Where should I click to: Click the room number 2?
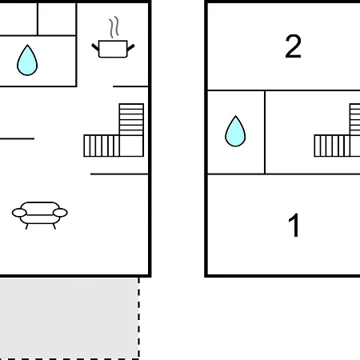coord(293,46)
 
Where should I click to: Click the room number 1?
coord(294,225)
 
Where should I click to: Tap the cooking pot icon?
coord(113,49)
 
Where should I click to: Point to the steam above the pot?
coord(114,27)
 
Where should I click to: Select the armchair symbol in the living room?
coord(40,215)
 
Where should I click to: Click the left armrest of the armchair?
coord(19,213)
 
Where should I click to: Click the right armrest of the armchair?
coord(60,213)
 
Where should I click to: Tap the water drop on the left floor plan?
coord(27,60)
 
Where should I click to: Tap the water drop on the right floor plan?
coord(235,131)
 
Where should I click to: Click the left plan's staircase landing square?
coord(131,146)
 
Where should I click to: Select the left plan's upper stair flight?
coord(131,119)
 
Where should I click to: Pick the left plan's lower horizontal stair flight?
coord(102,146)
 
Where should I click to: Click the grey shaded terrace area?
coord(69,318)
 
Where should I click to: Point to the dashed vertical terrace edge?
coord(138,318)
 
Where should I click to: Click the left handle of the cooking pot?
coord(95,47)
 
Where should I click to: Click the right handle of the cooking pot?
coord(130,48)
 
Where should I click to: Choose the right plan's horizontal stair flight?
coord(332,146)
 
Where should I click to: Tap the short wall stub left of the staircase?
coord(17,138)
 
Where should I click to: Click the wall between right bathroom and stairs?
coord(265,132)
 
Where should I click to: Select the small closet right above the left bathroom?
coord(57,19)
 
